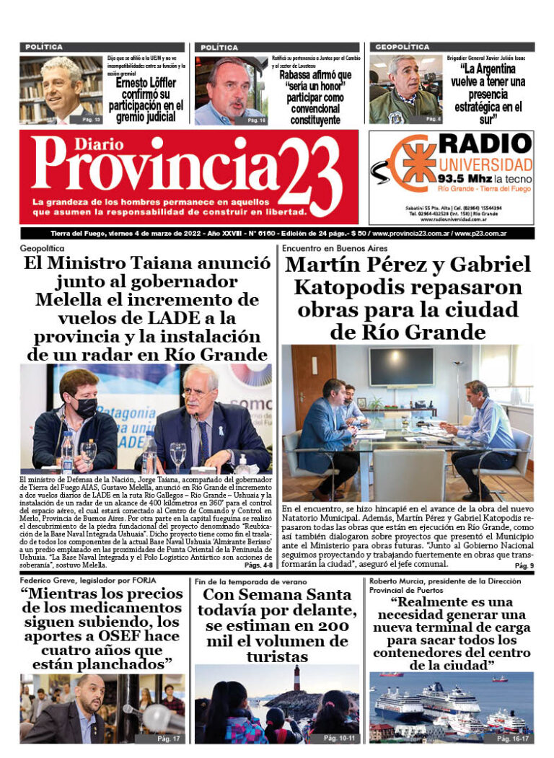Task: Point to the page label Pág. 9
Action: pos(524,566)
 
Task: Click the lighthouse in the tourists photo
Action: pos(296,678)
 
